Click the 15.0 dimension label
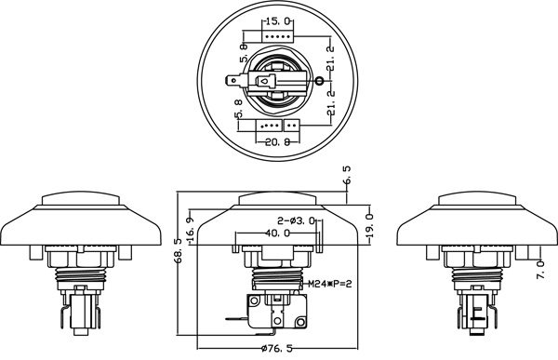click(x=277, y=21)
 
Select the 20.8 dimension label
click(x=278, y=142)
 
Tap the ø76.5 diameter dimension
click(x=276, y=348)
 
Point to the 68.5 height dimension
click(x=178, y=250)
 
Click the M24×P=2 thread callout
click(x=329, y=284)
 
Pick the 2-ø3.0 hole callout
click(x=296, y=221)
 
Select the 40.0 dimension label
click(x=277, y=233)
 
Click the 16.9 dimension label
click(x=191, y=230)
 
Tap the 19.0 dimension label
click(x=370, y=226)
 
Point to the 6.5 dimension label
click(x=347, y=175)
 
